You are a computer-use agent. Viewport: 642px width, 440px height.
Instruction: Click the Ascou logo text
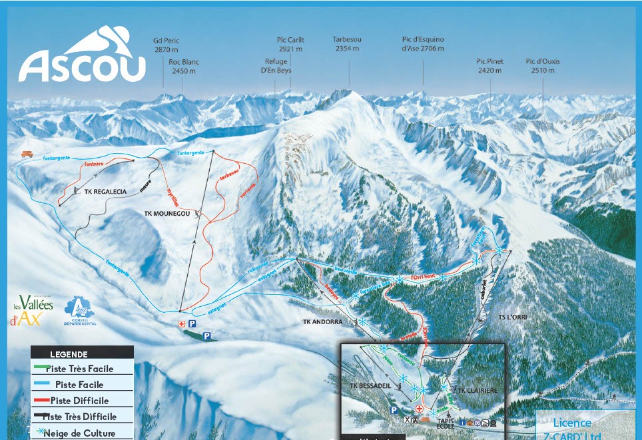pos(81,65)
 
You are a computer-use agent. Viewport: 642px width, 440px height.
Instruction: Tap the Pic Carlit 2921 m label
pos(290,44)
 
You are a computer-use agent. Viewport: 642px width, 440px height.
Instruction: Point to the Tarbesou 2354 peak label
pos(347,44)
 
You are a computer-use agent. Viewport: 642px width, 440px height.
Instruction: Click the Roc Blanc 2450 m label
pos(185,66)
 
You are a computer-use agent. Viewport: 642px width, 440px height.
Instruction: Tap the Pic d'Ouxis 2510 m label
pos(542,65)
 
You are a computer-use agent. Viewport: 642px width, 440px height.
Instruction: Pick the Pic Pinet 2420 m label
pos(489,65)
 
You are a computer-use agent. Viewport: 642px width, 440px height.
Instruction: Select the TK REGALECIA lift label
pos(105,192)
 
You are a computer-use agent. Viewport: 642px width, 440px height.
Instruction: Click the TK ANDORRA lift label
pos(322,322)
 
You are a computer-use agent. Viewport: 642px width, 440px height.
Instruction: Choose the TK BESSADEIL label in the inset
pos(368,385)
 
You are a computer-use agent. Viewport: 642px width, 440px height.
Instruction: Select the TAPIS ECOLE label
pos(446,423)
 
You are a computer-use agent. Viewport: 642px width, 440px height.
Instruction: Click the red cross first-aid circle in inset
pos(420,409)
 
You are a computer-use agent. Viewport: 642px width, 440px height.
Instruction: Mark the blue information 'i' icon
pos(462,423)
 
